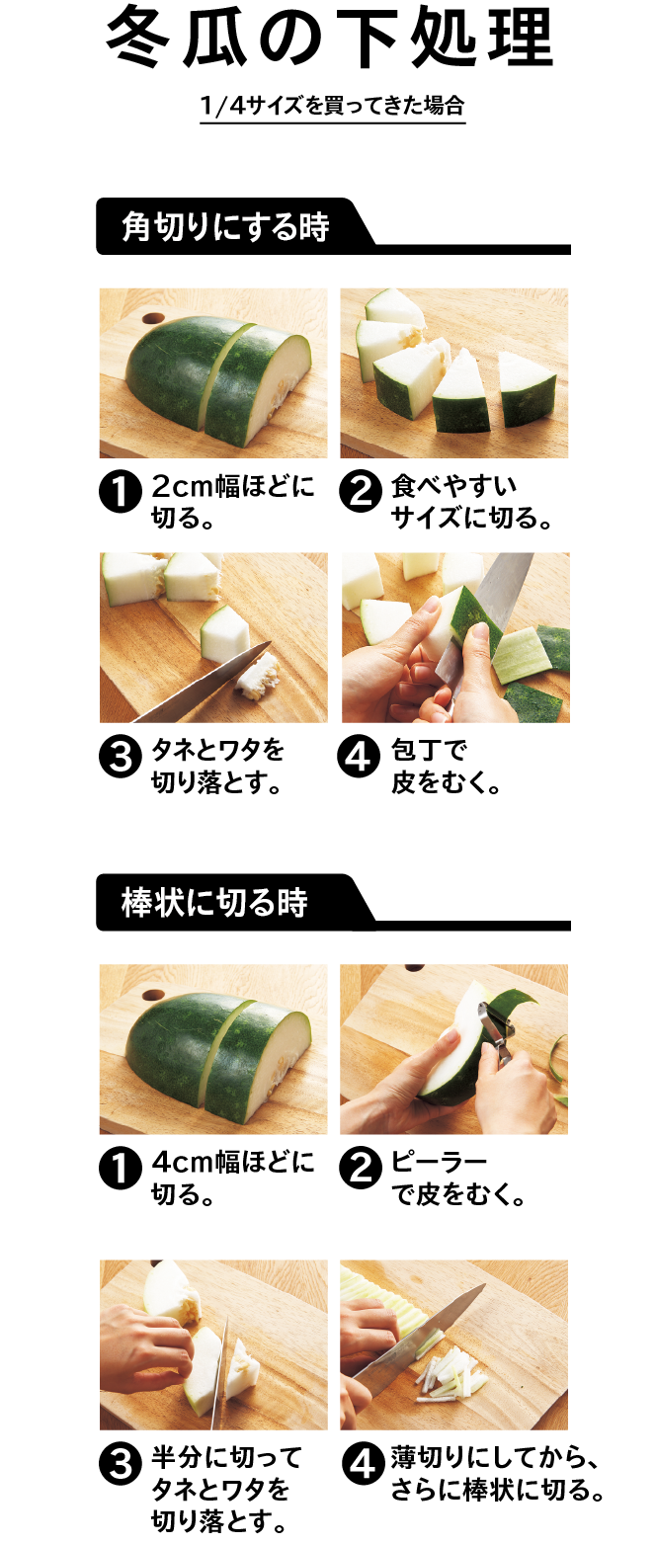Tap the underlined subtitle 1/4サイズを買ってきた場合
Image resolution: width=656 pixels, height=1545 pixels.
pyautogui.click(x=333, y=106)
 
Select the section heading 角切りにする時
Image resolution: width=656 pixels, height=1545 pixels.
pyautogui.click(x=225, y=227)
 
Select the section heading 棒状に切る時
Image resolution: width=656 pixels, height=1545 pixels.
pyautogui.click(x=214, y=903)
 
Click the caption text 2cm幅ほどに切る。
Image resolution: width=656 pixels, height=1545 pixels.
pyautogui.click(x=232, y=502)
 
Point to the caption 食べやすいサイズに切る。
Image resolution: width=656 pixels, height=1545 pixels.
pyautogui.click(x=472, y=502)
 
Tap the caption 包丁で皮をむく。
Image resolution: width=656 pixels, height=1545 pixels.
pyautogui.click(x=446, y=767)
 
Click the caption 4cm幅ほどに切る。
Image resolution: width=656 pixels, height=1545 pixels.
pyautogui.click(x=232, y=1179)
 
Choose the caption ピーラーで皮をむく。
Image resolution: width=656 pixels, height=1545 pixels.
pyautogui.click(x=458, y=1179)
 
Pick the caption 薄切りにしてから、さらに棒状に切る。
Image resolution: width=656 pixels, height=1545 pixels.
pyautogui.click(x=497, y=1474)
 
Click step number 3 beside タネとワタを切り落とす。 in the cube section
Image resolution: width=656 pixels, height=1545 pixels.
pyautogui.click(x=121, y=757)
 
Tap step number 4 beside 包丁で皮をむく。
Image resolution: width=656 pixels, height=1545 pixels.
pyautogui.click(x=360, y=757)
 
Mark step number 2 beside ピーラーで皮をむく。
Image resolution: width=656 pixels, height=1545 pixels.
pyautogui.click(x=360, y=1168)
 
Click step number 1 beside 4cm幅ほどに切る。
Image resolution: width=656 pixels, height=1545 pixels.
pyautogui.click(x=121, y=1168)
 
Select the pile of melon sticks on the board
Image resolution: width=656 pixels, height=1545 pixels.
pyautogui.click(x=450, y=1374)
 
